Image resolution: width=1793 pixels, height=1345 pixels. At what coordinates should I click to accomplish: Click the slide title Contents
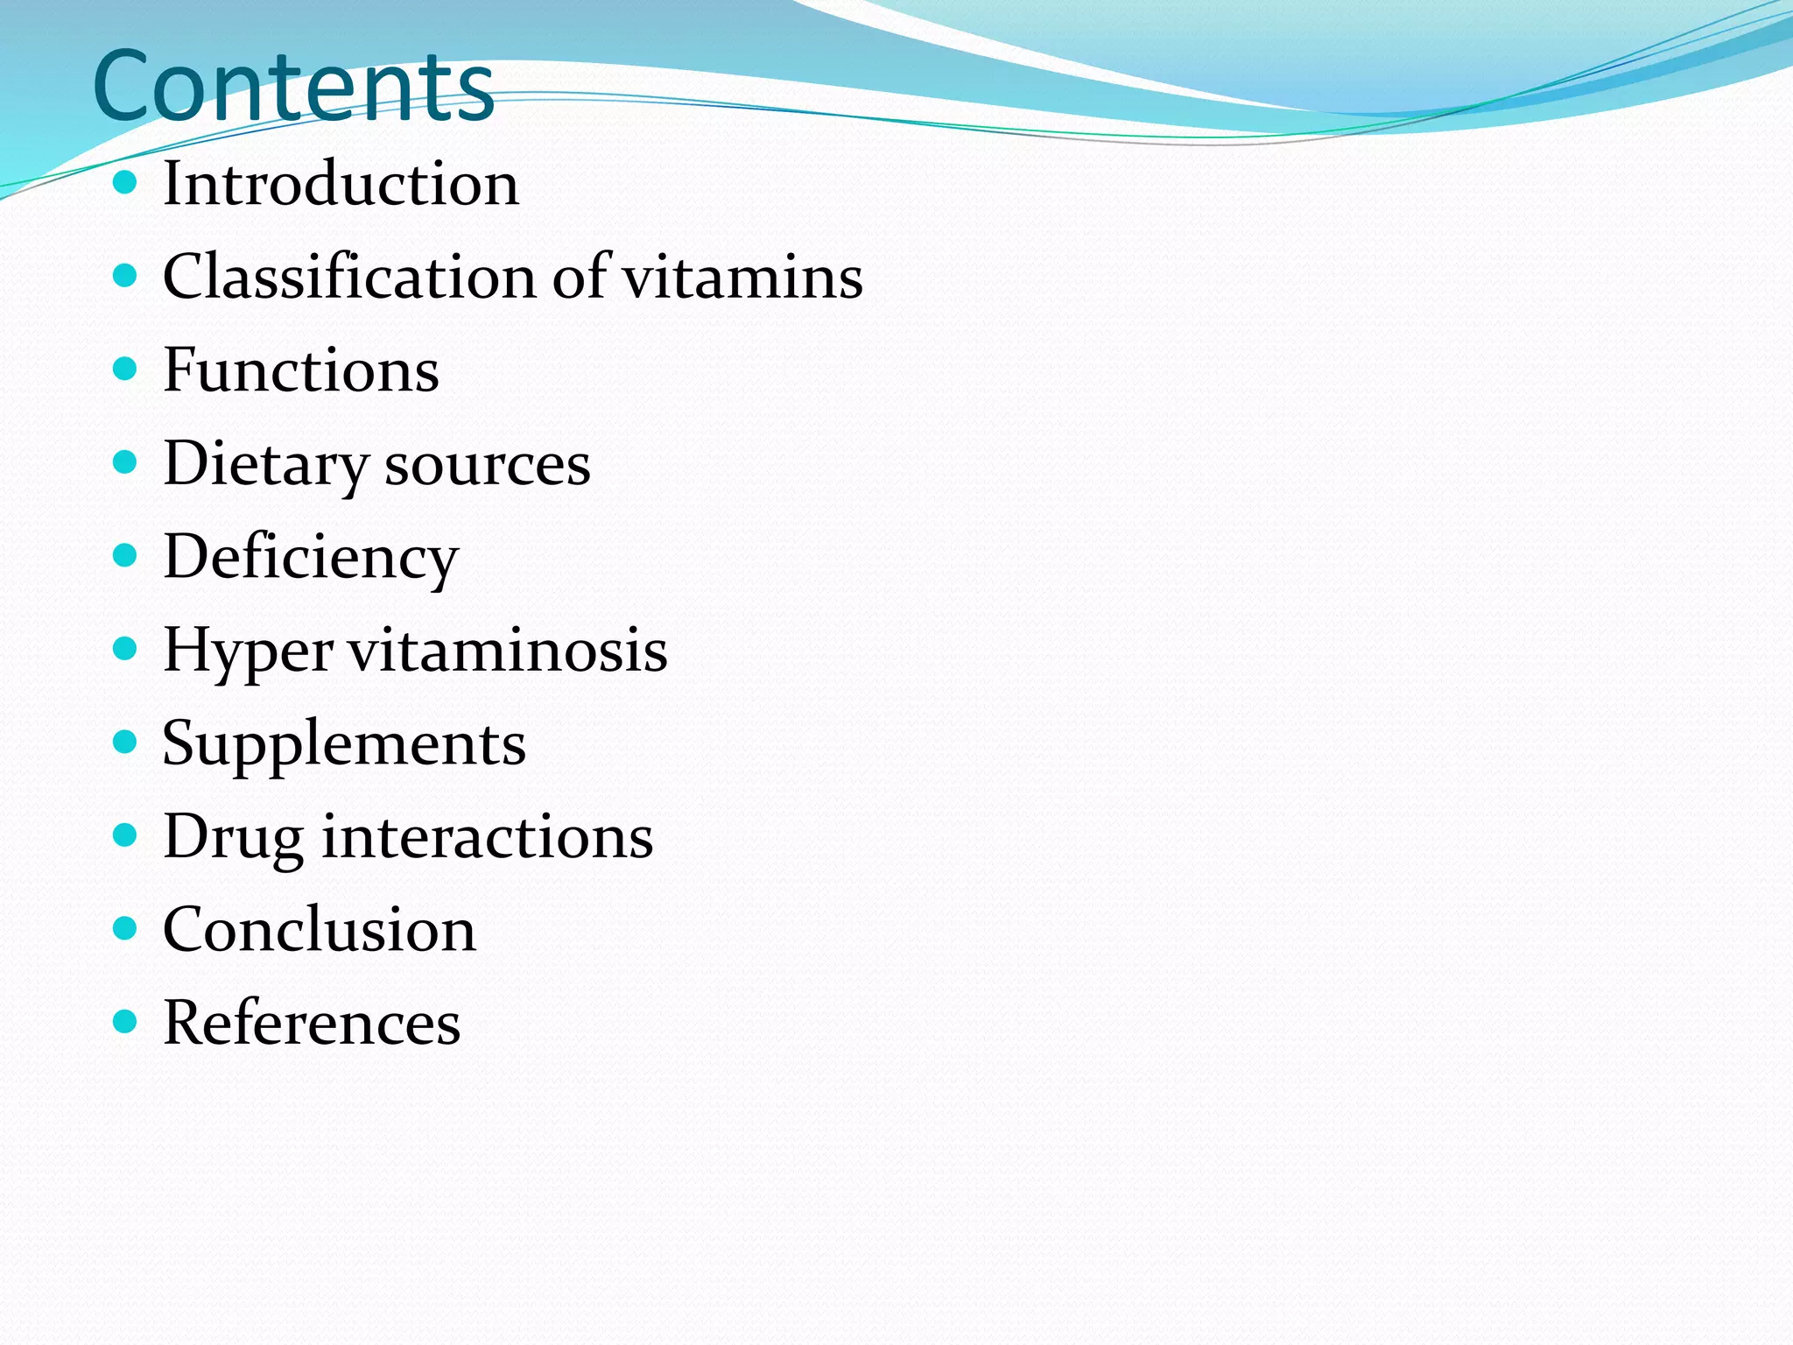tap(293, 86)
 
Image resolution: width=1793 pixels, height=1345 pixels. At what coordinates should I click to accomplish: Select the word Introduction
tap(341, 184)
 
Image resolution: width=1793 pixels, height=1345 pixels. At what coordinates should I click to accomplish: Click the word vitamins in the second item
tap(742, 277)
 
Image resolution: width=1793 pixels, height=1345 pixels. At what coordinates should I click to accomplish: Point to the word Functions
tap(300, 370)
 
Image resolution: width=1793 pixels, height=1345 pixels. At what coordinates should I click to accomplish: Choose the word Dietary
tap(266, 465)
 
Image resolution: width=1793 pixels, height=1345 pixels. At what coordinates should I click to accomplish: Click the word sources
tap(488, 465)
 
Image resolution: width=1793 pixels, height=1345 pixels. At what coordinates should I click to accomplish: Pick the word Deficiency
tap(311, 558)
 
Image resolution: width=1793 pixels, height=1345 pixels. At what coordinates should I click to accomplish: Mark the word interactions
tap(488, 836)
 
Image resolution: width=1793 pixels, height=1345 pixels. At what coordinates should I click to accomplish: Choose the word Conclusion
tap(320, 929)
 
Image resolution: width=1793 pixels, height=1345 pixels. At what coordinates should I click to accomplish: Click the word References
tap(312, 1022)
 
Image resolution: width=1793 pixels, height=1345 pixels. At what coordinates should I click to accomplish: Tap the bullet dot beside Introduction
tap(126, 182)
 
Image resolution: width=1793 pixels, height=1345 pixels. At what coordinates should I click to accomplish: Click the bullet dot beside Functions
tap(126, 369)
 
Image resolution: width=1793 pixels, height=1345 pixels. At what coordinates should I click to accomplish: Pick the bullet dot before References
tap(126, 1021)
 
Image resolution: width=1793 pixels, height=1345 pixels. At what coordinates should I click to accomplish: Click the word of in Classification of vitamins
tap(580, 277)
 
